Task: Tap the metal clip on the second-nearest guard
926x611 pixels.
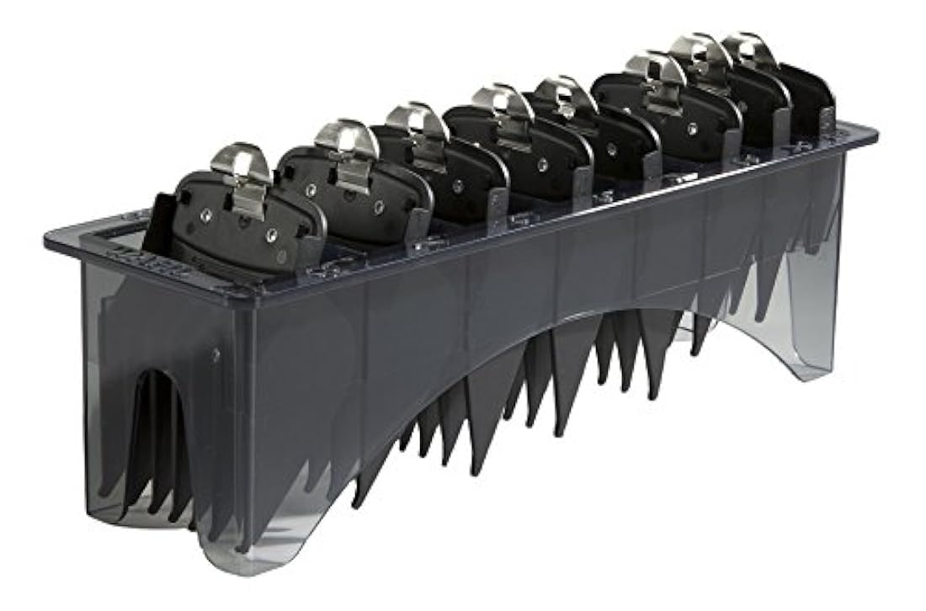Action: click(x=347, y=143)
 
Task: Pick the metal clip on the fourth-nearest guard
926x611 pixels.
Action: click(x=503, y=104)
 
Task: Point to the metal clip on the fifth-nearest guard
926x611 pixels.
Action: click(x=566, y=94)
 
